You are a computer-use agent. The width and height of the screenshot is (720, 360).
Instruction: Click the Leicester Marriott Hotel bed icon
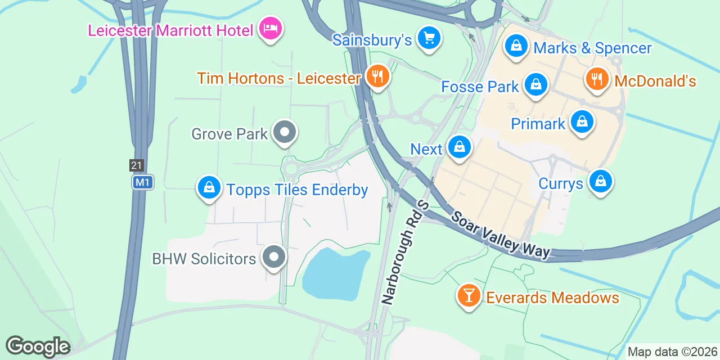[271, 28]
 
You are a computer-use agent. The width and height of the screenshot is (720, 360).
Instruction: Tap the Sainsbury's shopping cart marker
[429, 39]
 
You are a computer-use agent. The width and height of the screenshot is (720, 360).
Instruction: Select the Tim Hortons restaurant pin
[377, 76]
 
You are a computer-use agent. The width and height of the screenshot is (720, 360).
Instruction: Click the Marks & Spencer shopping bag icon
[516, 46]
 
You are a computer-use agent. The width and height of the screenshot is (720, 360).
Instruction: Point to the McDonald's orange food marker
[597, 79]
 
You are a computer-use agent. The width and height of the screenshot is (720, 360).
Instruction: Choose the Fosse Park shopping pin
[536, 85]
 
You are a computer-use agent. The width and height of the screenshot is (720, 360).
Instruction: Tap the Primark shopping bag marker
[582, 121]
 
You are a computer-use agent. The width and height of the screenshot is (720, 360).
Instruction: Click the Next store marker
[460, 147]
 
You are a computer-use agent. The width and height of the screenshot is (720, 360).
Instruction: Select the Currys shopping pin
[601, 182]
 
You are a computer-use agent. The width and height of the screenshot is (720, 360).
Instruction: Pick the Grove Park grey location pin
[285, 133]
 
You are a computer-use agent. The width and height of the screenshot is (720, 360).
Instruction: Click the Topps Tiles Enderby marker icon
[209, 187]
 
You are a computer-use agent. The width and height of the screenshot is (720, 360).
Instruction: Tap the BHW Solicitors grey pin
[274, 258]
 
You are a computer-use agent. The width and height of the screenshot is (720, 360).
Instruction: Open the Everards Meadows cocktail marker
[468, 295]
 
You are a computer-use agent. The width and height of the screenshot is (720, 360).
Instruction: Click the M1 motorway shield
[142, 182]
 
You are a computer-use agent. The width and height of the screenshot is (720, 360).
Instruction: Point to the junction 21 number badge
[136, 165]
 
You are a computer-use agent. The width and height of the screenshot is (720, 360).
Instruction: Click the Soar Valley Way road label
[500, 235]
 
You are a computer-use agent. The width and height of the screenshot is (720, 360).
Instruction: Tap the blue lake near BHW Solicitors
[334, 274]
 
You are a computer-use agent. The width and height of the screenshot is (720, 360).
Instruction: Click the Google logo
[38, 346]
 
